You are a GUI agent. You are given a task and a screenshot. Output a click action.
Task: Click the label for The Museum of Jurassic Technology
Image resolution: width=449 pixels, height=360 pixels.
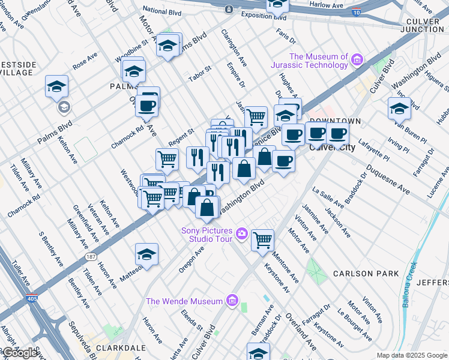click(x=319, y=61)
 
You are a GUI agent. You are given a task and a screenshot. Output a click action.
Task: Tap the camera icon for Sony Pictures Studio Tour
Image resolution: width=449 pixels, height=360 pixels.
click(x=242, y=233)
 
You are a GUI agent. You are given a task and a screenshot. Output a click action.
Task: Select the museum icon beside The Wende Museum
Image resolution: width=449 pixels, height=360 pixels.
click(x=232, y=301)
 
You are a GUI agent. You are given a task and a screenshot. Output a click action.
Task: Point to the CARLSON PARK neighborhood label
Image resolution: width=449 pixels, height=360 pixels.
click(x=366, y=274)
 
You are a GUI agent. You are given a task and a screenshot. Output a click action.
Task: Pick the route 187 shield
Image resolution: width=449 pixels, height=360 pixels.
click(x=90, y=256)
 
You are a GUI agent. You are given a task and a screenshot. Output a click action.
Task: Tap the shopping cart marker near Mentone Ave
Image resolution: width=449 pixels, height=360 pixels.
click(x=262, y=239)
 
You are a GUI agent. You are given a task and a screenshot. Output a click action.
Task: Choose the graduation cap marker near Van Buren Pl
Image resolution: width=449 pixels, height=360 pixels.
click(x=399, y=108)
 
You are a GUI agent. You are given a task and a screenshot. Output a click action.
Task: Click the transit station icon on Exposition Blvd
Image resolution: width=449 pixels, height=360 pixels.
click(x=229, y=9)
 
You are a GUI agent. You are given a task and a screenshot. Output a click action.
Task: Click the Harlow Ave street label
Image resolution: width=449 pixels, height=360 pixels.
click(x=327, y=5)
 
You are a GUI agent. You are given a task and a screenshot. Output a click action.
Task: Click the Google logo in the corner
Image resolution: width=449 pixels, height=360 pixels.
click(x=20, y=353)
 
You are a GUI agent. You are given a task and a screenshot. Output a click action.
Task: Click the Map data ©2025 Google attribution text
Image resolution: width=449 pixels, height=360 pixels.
click(x=412, y=355)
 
